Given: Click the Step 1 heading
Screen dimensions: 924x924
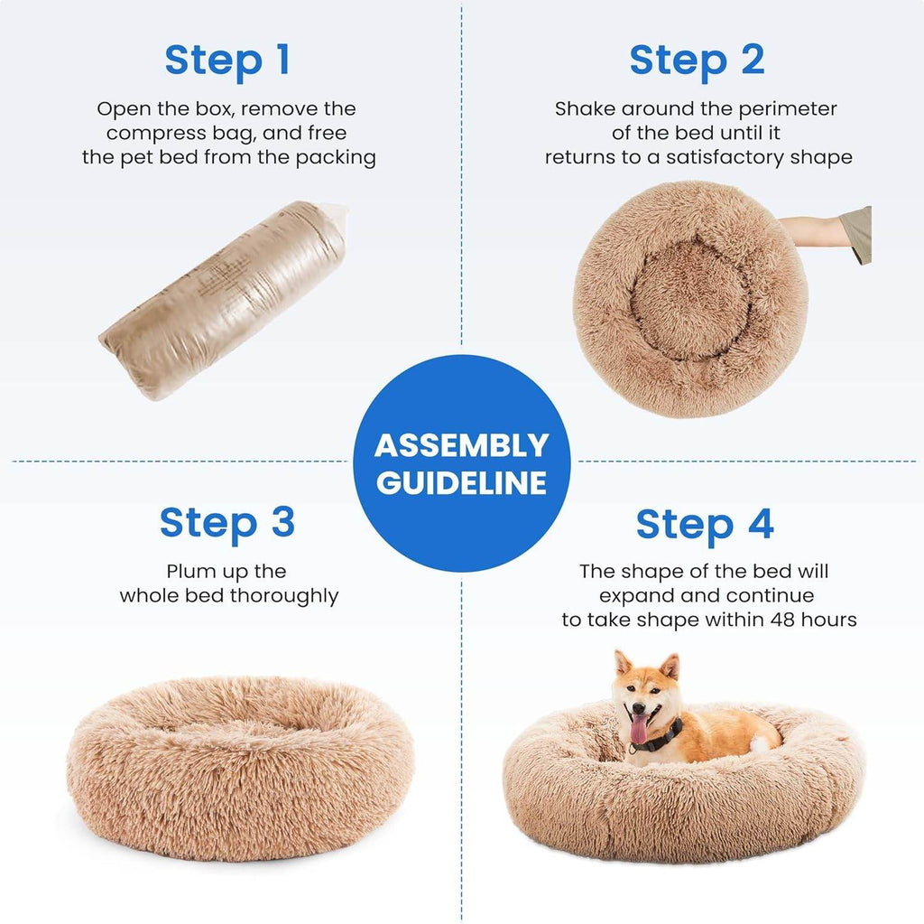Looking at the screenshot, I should point(227,60).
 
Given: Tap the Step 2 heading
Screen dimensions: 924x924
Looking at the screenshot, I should point(697,60).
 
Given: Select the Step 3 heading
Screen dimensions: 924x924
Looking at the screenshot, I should point(227,523).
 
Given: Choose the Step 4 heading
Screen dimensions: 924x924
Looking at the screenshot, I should point(705,525).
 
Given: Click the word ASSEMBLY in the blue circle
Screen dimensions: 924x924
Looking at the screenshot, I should point(461,445).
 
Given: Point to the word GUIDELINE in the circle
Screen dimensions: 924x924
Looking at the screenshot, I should point(461,482).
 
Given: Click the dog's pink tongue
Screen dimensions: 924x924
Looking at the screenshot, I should point(639,729).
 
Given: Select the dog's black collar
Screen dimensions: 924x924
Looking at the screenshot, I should point(663,737).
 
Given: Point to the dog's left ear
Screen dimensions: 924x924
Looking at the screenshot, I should point(669,667).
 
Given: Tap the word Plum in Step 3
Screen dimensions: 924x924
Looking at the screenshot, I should point(187,572).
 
